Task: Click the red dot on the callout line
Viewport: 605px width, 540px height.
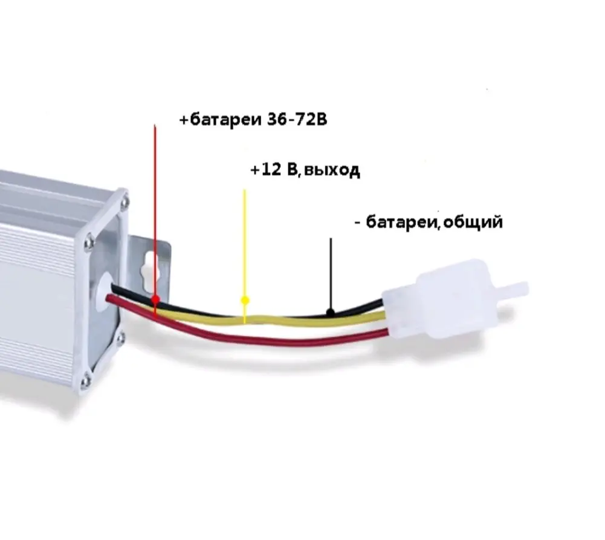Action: [155, 299]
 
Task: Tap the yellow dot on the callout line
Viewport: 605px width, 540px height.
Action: [245, 300]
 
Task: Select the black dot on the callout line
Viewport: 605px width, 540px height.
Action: [330, 312]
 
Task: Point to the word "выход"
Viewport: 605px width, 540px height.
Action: [331, 170]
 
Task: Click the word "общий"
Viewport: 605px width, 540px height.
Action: [473, 223]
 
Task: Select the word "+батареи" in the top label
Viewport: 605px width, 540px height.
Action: [221, 120]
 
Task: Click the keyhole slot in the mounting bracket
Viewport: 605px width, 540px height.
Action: [147, 275]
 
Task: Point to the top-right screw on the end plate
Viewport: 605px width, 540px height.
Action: [124, 201]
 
